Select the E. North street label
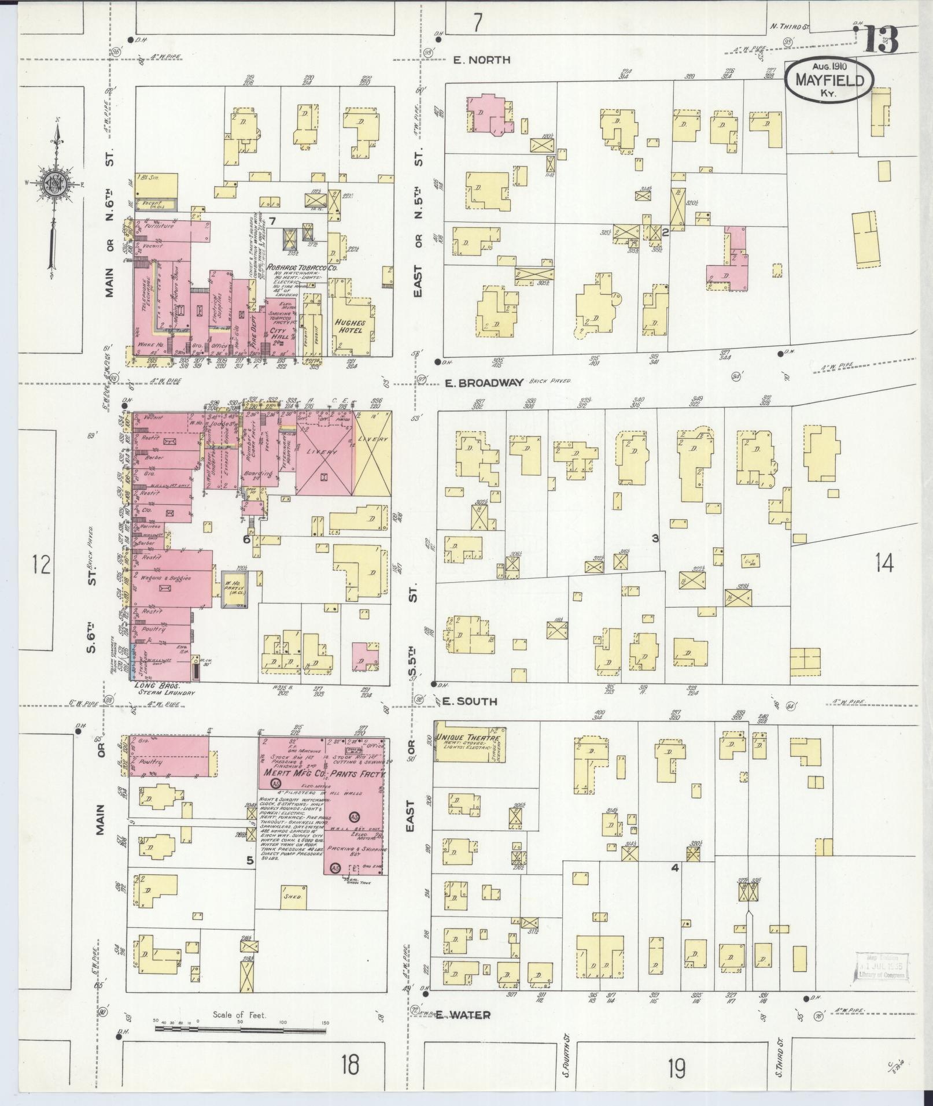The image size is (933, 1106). [x=473, y=60]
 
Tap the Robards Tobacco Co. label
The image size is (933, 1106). [x=293, y=268]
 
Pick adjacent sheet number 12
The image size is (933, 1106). [x=42, y=564]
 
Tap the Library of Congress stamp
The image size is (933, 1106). [x=878, y=966]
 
